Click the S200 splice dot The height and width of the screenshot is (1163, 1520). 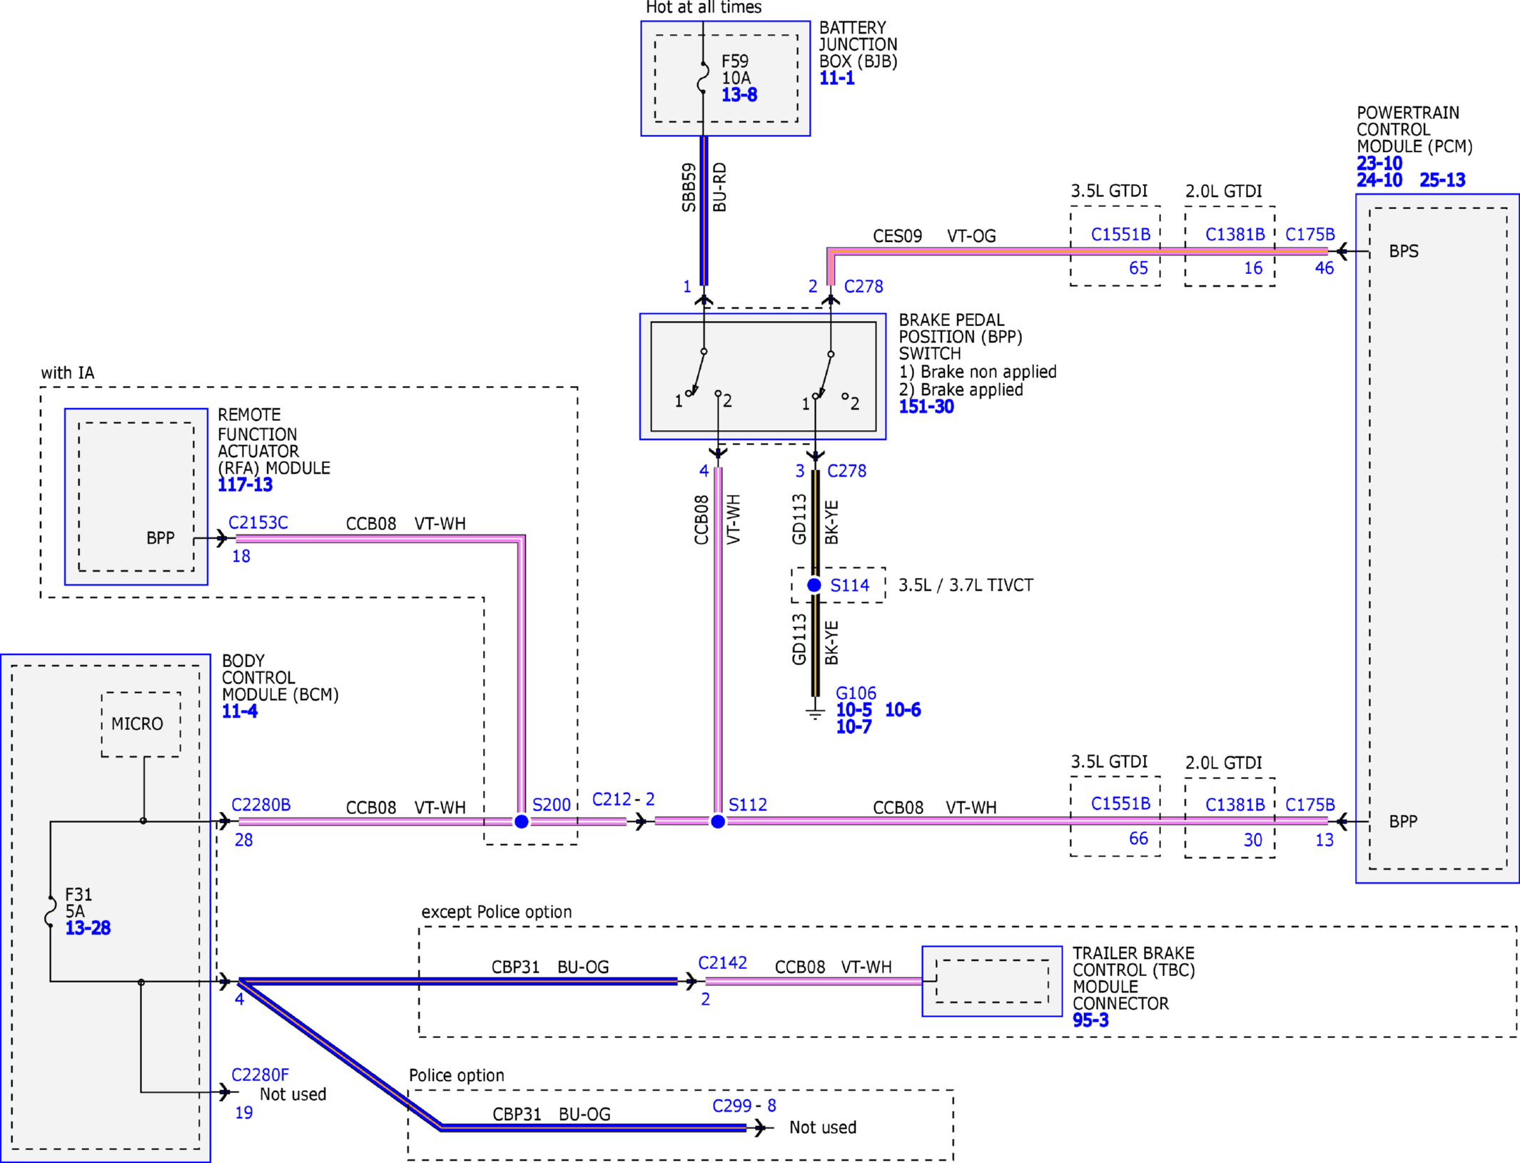tap(522, 821)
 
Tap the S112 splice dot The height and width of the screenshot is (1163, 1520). tap(718, 821)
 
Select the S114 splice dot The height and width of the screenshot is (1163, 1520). tap(814, 585)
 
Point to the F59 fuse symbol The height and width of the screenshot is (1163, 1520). tap(703, 78)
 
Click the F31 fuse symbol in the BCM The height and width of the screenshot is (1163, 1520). tap(50, 911)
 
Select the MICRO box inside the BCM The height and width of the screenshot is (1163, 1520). tap(141, 724)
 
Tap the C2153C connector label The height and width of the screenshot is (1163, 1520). tap(258, 522)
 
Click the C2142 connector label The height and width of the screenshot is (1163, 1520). tap(722, 963)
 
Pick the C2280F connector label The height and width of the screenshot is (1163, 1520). tap(260, 1075)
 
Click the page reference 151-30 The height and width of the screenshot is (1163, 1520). tap(926, 407)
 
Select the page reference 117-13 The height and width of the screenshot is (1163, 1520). tap(245, 485)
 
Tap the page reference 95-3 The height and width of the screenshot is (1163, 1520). tap(1090, 1020)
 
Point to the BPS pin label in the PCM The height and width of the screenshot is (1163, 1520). tap(1404, 251)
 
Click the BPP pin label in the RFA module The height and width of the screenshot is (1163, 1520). tap(161, 538)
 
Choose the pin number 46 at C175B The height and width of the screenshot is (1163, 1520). tap(1324, 268)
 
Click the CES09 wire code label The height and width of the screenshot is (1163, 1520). tap(898, 236)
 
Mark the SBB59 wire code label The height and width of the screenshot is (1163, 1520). tap(689, 188)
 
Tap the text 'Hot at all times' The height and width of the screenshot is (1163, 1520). tap(704, 8)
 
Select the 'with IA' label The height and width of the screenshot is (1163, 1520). tap(68, 372)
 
